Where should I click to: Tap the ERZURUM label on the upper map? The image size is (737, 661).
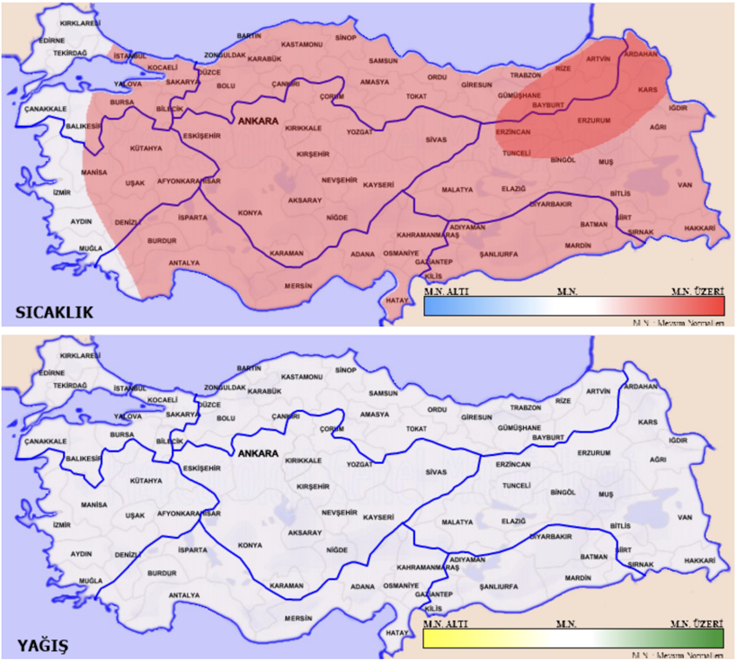593,120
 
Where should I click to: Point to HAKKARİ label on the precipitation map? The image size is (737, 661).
699,560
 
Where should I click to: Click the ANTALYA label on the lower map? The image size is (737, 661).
184,594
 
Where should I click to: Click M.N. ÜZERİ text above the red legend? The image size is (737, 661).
697,291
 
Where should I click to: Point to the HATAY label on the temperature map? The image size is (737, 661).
396,299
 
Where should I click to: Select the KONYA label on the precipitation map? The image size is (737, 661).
249,545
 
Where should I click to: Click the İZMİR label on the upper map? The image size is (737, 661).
61,192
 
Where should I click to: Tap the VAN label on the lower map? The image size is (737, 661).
685,517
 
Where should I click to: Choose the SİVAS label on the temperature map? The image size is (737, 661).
436,139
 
